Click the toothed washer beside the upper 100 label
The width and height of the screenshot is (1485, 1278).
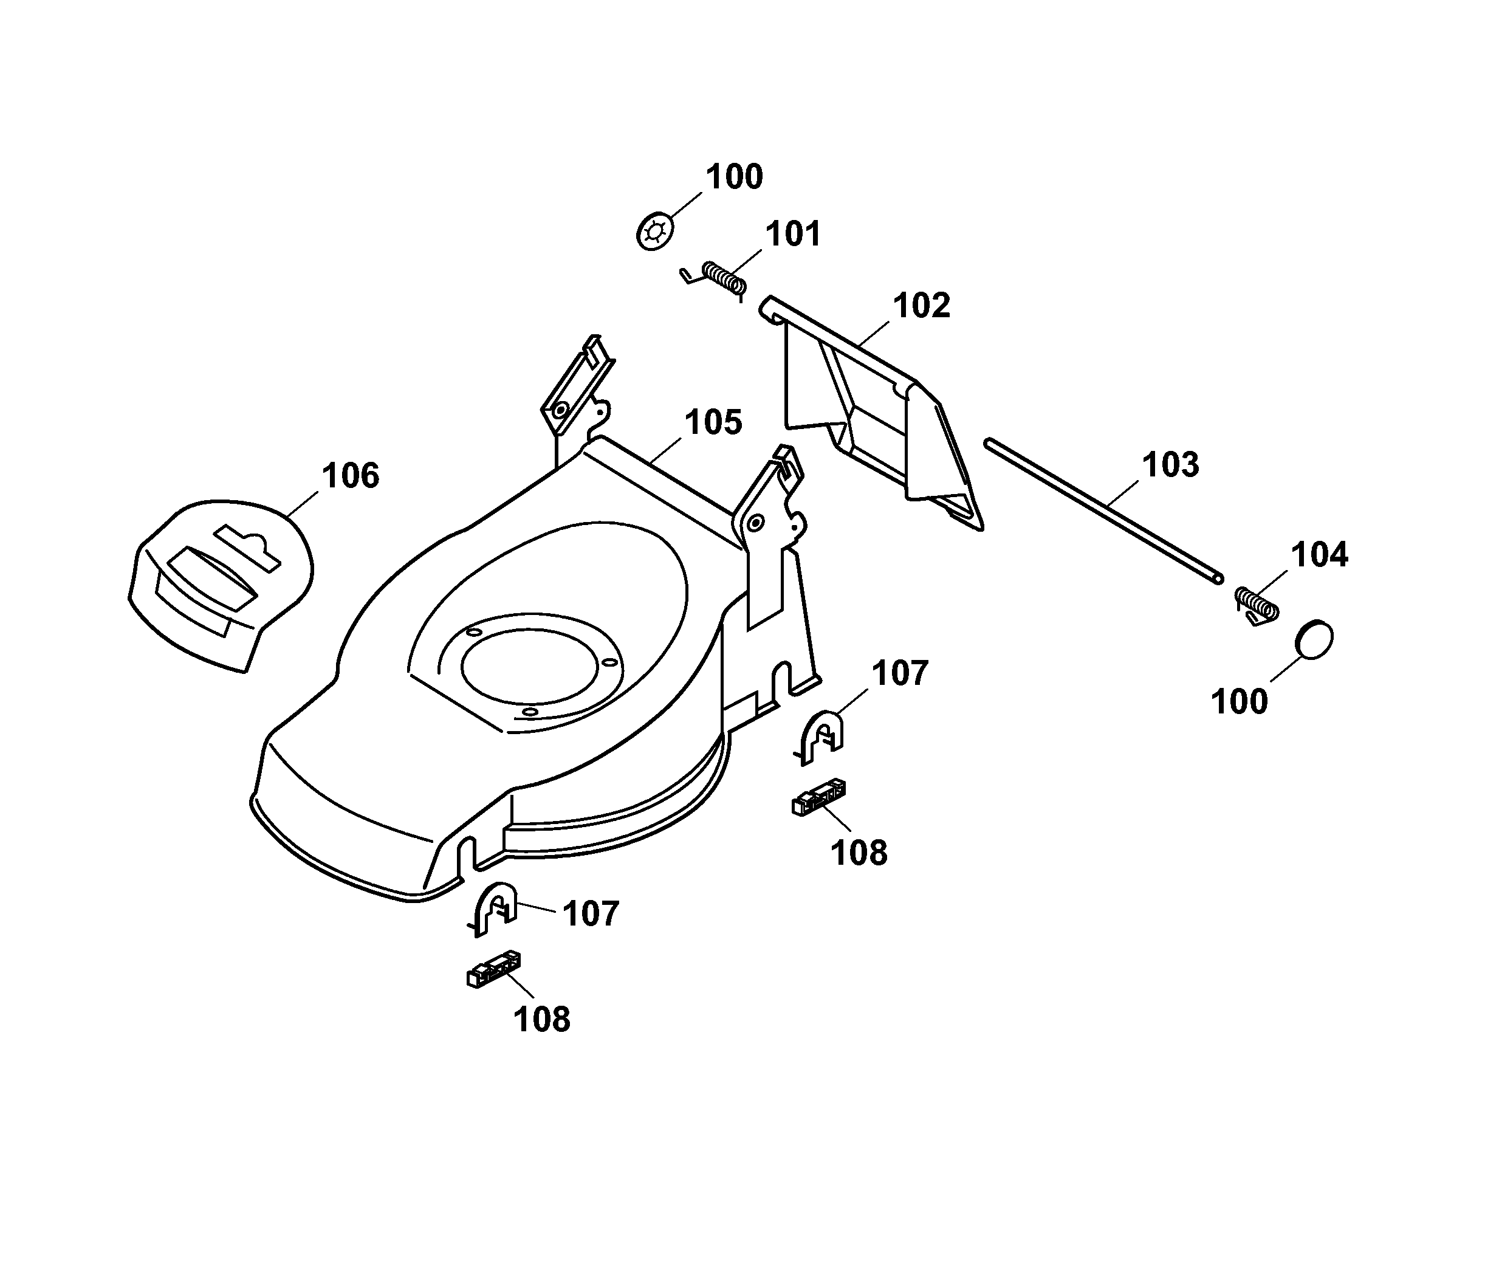coord(655,231)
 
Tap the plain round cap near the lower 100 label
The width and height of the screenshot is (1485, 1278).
coord(1314,639)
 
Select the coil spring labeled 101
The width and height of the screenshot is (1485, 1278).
coord(722,277)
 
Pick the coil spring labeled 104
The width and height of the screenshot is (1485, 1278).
coord(1257,604)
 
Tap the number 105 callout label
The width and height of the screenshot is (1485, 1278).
coord(713,422)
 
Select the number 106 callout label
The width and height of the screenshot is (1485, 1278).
coord(350,475)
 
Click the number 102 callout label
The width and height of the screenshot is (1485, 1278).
coord(921,305)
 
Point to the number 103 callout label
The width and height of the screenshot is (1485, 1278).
coord(1170,464)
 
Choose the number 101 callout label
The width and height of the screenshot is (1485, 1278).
coord(793,234)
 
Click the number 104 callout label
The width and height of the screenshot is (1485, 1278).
coord(1320,555)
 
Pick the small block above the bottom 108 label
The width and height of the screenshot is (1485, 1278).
coord(494,969)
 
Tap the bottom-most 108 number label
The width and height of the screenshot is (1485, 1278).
coord(542,1019)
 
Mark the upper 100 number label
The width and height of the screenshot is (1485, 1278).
coord(735,176)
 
